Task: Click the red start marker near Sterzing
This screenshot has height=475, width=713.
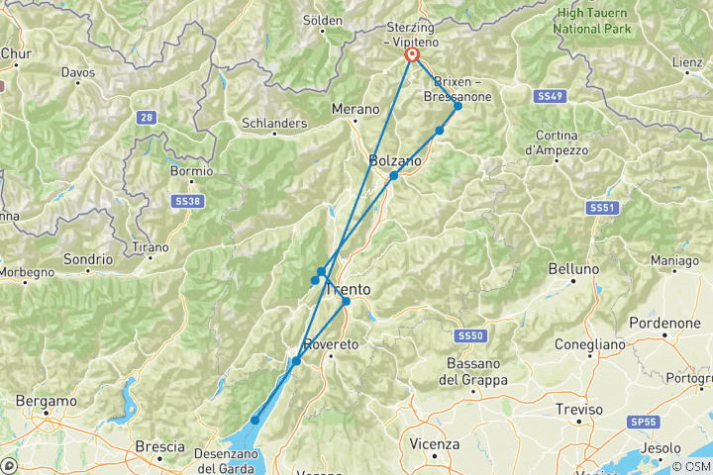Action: coord(412,55)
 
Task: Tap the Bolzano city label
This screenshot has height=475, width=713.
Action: coord(394,160)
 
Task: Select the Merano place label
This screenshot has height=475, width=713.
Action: coord(356,109)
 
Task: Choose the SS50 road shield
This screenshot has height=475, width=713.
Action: coord(471,336)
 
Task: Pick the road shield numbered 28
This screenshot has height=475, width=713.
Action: coord(147,118)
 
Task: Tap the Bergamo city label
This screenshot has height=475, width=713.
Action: coord(47,401)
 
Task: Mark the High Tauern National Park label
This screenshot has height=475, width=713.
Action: coord(591,20)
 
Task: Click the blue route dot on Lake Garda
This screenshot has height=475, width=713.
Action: coord(255,421)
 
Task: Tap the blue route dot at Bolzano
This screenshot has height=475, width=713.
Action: coord(394,175)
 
